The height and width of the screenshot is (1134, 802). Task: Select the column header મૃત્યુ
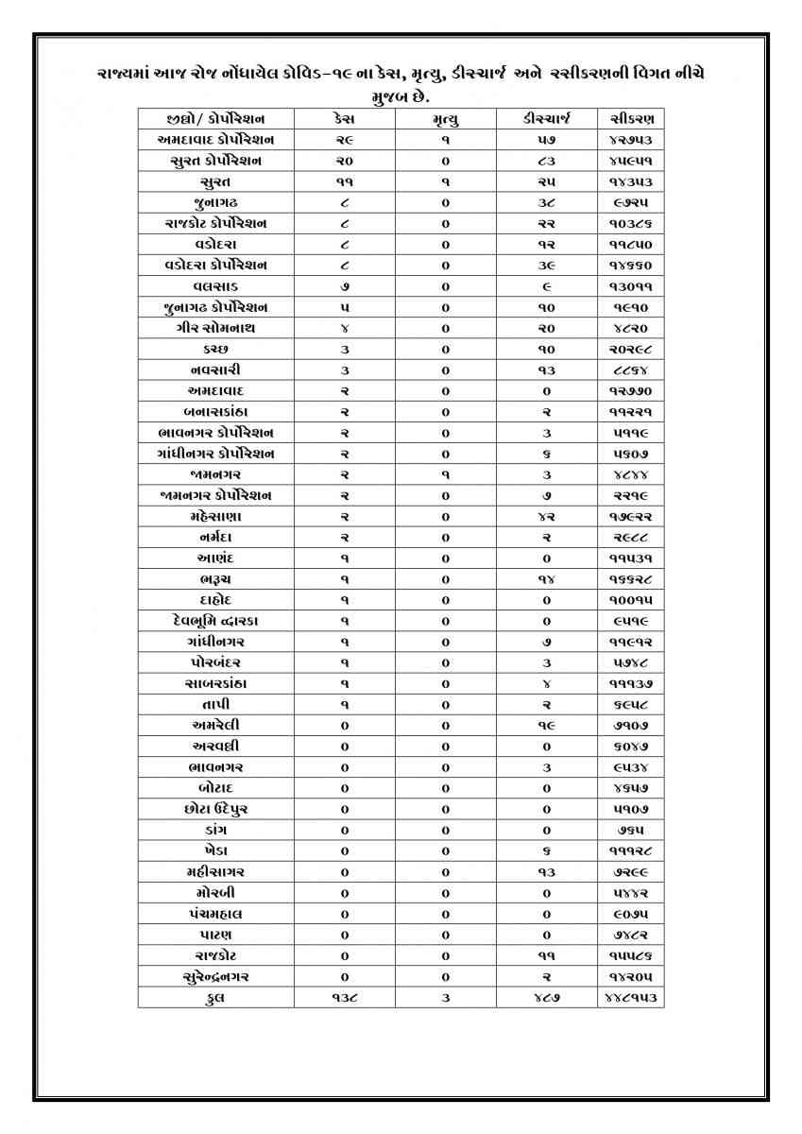(x=445, y=119)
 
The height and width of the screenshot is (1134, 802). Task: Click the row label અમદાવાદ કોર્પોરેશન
(x=215, y=140)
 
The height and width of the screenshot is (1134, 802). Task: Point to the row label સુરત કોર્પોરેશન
(x=215, y=161)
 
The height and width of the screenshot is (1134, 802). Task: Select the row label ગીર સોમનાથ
(x=215, y=328)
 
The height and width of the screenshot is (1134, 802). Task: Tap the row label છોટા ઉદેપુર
(x=215, y=809)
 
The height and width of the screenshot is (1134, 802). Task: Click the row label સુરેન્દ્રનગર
(x=215, y=976)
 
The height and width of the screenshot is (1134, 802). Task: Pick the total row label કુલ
(x=215, y=997)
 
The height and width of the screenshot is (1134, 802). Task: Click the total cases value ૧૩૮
(x=345, y=997)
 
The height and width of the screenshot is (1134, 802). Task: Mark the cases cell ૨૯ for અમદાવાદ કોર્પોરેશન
(x=345, y=140)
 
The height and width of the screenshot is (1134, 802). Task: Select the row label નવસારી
(x=215, y=369)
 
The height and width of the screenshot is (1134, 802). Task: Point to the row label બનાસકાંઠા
(x=215, y=411)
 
